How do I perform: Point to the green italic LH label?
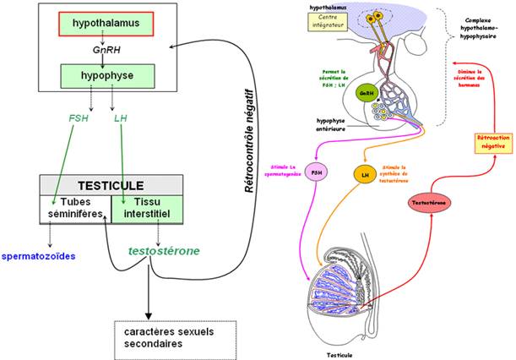point(120,118)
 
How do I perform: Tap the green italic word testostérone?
point(166,251)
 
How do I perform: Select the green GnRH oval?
point(366,93)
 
